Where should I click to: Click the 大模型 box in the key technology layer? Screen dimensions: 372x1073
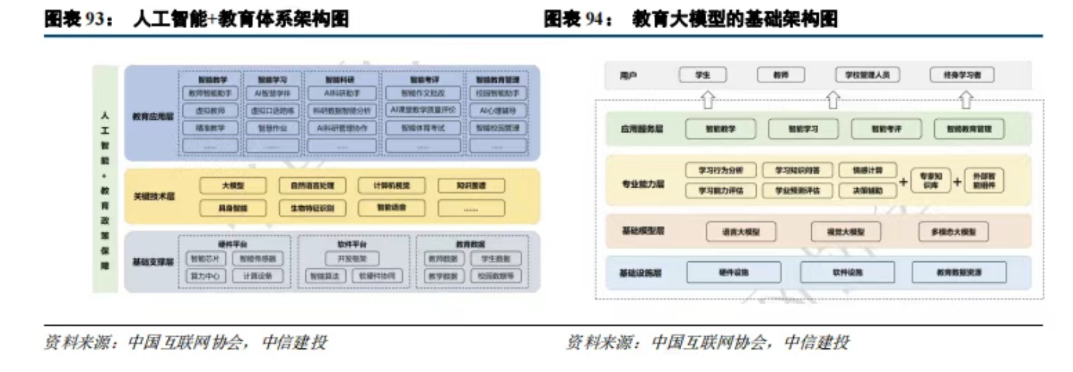click(232, 186)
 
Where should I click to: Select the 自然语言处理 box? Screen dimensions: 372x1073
click(312, 186)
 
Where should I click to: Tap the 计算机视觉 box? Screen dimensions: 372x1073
click(392, 186)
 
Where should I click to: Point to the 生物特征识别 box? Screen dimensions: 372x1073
click(312, 208)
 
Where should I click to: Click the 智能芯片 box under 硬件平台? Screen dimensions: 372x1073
click(205, 259)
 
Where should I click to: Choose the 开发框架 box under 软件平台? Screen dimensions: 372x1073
click(351, 259)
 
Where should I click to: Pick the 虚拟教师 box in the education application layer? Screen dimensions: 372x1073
click(210, 111)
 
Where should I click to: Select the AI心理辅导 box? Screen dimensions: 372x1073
click(497, 111)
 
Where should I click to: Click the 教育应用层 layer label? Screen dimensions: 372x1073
click(153, 117)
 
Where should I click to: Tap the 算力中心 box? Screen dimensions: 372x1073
click(205, 276)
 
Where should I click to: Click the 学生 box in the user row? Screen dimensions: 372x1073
click(702, 75)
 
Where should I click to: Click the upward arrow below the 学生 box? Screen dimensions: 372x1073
click(707, 100)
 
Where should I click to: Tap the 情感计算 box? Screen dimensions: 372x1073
click(867, 170)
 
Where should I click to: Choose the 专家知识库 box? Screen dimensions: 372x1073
click(931, 181)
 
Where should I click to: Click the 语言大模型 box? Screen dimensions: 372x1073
click(741, 232)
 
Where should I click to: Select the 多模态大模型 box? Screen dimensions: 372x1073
click(953, 232)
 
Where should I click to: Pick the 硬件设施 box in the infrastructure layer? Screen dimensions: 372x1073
click(734, 272)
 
